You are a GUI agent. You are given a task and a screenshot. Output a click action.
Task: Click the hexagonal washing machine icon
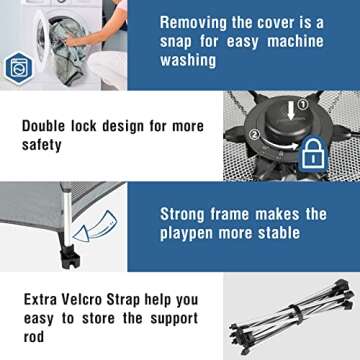[x=19, y=68]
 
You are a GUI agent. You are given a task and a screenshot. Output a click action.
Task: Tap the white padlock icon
[x=312, y=152]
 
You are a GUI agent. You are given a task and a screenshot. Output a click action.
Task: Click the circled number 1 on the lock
[x=303, y=105]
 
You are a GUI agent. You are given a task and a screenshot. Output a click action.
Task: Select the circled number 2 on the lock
[x=255, y=135]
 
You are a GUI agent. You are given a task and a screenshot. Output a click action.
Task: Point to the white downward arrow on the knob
[x=292, y=111]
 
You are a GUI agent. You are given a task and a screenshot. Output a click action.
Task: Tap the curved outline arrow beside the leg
[x=94, y=226]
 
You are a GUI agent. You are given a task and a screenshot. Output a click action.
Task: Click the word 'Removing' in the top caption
[x=192, y=23]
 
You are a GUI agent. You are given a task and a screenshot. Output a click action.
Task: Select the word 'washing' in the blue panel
[x=188, y=60]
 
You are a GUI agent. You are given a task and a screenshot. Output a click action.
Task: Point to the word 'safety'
[x=42, y=145]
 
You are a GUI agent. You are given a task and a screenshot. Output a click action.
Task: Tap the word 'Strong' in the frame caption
[x=182, y=214]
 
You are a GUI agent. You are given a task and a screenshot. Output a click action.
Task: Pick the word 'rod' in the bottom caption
[x=34, y=337]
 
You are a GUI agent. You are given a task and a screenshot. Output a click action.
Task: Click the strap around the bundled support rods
[x=295, y=313]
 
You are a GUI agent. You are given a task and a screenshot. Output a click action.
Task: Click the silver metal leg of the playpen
[x=68, y=218]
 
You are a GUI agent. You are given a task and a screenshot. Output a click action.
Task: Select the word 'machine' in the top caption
[x=295, y=41]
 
